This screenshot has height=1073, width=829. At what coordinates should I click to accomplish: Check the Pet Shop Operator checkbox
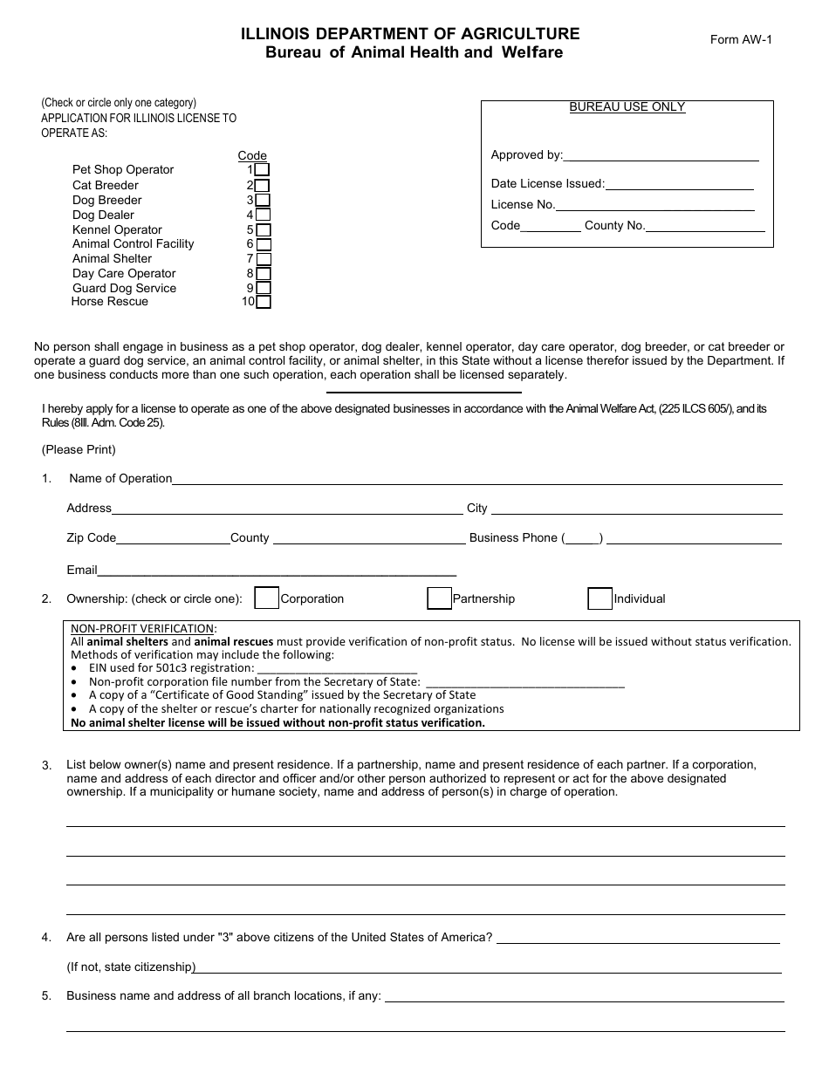262,170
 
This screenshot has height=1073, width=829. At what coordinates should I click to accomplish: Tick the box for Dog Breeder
262,200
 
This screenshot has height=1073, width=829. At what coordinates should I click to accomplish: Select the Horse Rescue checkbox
264,302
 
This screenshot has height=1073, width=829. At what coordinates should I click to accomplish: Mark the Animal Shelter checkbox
264,259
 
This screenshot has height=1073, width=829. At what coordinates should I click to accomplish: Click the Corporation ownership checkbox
266,598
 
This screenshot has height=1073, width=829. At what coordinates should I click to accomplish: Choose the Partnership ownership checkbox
439,598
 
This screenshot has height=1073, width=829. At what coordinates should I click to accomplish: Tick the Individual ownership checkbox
599,598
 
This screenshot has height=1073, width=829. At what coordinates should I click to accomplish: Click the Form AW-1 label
742,39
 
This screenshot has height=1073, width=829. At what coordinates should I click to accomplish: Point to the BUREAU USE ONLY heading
627,107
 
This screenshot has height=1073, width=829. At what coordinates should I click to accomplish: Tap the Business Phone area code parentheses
582,538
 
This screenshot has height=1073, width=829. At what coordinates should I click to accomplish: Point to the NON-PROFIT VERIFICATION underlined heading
143,628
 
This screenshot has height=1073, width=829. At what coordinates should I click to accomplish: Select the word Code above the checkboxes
252,156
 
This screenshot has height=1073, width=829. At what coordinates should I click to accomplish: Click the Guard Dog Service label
124,288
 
